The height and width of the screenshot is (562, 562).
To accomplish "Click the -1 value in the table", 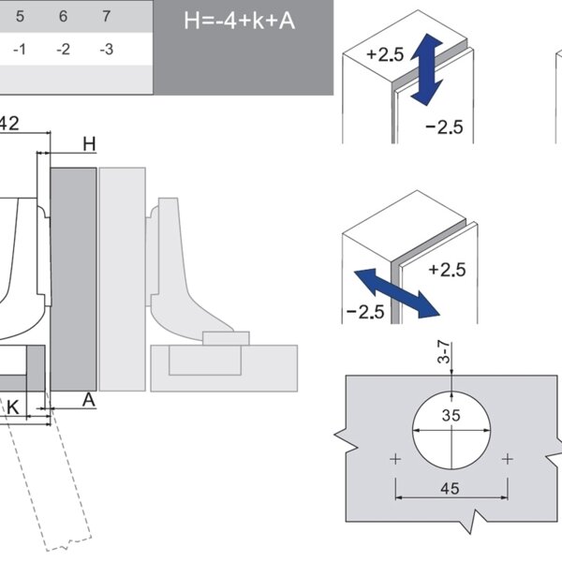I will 20,50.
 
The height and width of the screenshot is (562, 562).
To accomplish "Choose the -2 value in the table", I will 63,50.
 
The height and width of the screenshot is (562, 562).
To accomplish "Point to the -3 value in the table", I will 106,50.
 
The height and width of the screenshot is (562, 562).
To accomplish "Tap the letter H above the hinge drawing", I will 89,143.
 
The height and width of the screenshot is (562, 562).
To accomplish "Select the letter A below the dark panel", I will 88,400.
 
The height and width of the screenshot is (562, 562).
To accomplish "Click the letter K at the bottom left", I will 13,407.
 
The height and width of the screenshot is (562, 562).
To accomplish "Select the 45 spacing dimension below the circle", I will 451,489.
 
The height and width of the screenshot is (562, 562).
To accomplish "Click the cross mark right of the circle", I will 507,459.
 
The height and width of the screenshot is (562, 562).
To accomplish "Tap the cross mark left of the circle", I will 395,459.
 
